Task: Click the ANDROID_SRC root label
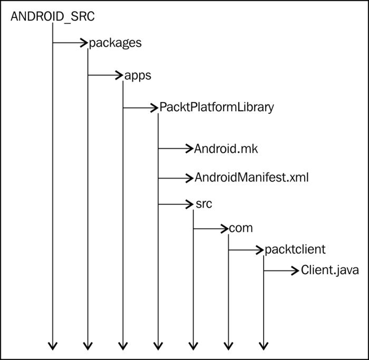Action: click(53, 16)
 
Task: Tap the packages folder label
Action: click(115, 43)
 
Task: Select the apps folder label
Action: click(138, 76)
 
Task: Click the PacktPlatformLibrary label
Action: click(217, 107)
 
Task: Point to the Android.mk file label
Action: click(226, 149)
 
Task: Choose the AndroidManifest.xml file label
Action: click(251, 178)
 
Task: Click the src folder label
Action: click(204, 204)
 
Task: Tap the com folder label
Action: click(241, 228)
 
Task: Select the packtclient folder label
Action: click(295, 249)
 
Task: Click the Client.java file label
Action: click(330, 270)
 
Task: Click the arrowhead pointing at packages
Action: click(84, 43)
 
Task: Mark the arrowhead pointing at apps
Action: click(119, 75)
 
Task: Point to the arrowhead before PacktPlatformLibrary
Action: click(154, 108)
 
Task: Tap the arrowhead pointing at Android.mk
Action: click(190, 149)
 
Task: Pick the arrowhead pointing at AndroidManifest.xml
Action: click(190, 178)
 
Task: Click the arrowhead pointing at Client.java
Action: click(295, 271)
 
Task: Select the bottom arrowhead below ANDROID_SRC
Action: click(53, 346)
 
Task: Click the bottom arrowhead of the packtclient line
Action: click(264, 346)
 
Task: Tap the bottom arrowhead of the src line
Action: click(193, 346)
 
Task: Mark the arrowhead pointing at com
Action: click(225, 229)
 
